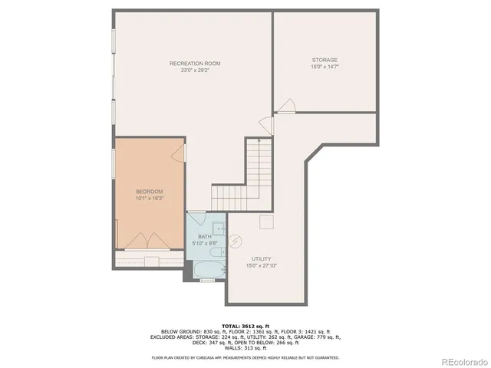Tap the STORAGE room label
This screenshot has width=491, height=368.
tap(324, 60)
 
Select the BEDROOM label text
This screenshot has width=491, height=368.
tap(150, 192)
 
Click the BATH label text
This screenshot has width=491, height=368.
tap(205, 237)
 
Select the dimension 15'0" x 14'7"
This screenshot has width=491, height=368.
tap(324, 67)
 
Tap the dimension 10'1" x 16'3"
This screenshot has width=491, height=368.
tap(150, 199)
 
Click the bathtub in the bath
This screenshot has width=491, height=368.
tap(207, 269)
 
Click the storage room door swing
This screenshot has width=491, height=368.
tap(285, 107)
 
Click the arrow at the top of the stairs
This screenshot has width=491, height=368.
tap(260, 142)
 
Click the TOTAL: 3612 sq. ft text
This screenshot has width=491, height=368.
tap(245, 325)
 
